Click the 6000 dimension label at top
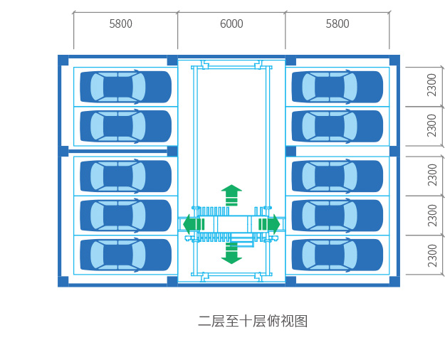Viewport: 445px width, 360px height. tap(231, 24)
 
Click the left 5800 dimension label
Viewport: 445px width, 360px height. tap(120, 24)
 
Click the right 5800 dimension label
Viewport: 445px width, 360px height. tap(337, 24)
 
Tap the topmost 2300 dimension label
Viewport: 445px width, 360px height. tap(432, 85)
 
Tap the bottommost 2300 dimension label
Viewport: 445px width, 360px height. tap(432, 255)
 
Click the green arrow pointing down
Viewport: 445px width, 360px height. tap(231, 253)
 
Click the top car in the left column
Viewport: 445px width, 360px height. tap(125, 87)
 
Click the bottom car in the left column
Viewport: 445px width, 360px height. tap(125, 255)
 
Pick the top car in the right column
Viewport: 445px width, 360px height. tap(337, 87)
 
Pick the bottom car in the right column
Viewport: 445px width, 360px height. tap(337, 255)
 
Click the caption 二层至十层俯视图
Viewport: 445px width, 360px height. tap(253, 321)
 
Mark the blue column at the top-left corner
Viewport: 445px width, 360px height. tap(63, 60)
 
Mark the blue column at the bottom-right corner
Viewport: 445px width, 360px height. tap(394, 281)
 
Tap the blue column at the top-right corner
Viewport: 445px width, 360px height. tap(394, 60)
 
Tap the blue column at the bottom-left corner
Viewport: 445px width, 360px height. tap(63, 281)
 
